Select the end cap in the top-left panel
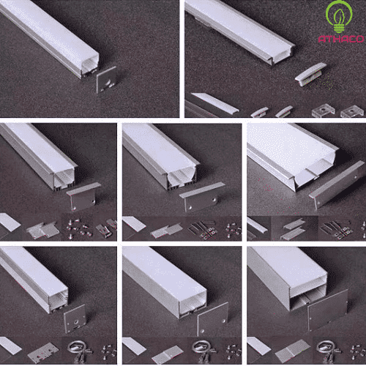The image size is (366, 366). (108, 78)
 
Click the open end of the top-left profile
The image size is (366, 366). (86, 67)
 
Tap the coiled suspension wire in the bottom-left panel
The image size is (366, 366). (75, 349)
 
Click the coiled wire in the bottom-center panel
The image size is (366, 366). (199, 349)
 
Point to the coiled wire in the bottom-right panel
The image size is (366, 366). (322, 349)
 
